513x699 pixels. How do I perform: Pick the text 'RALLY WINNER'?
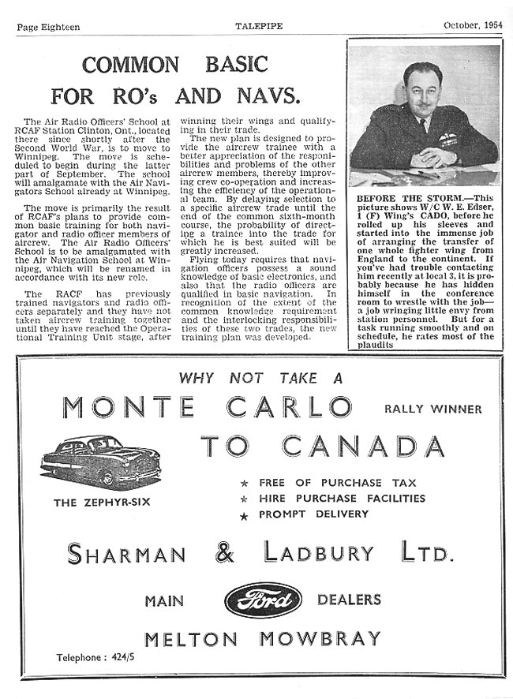[424, 409]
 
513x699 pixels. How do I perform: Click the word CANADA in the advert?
[362, 446]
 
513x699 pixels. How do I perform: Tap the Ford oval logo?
[264, 601]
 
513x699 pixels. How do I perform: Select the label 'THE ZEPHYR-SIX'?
[103, 502]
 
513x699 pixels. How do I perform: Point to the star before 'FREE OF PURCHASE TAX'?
[245, 483]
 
